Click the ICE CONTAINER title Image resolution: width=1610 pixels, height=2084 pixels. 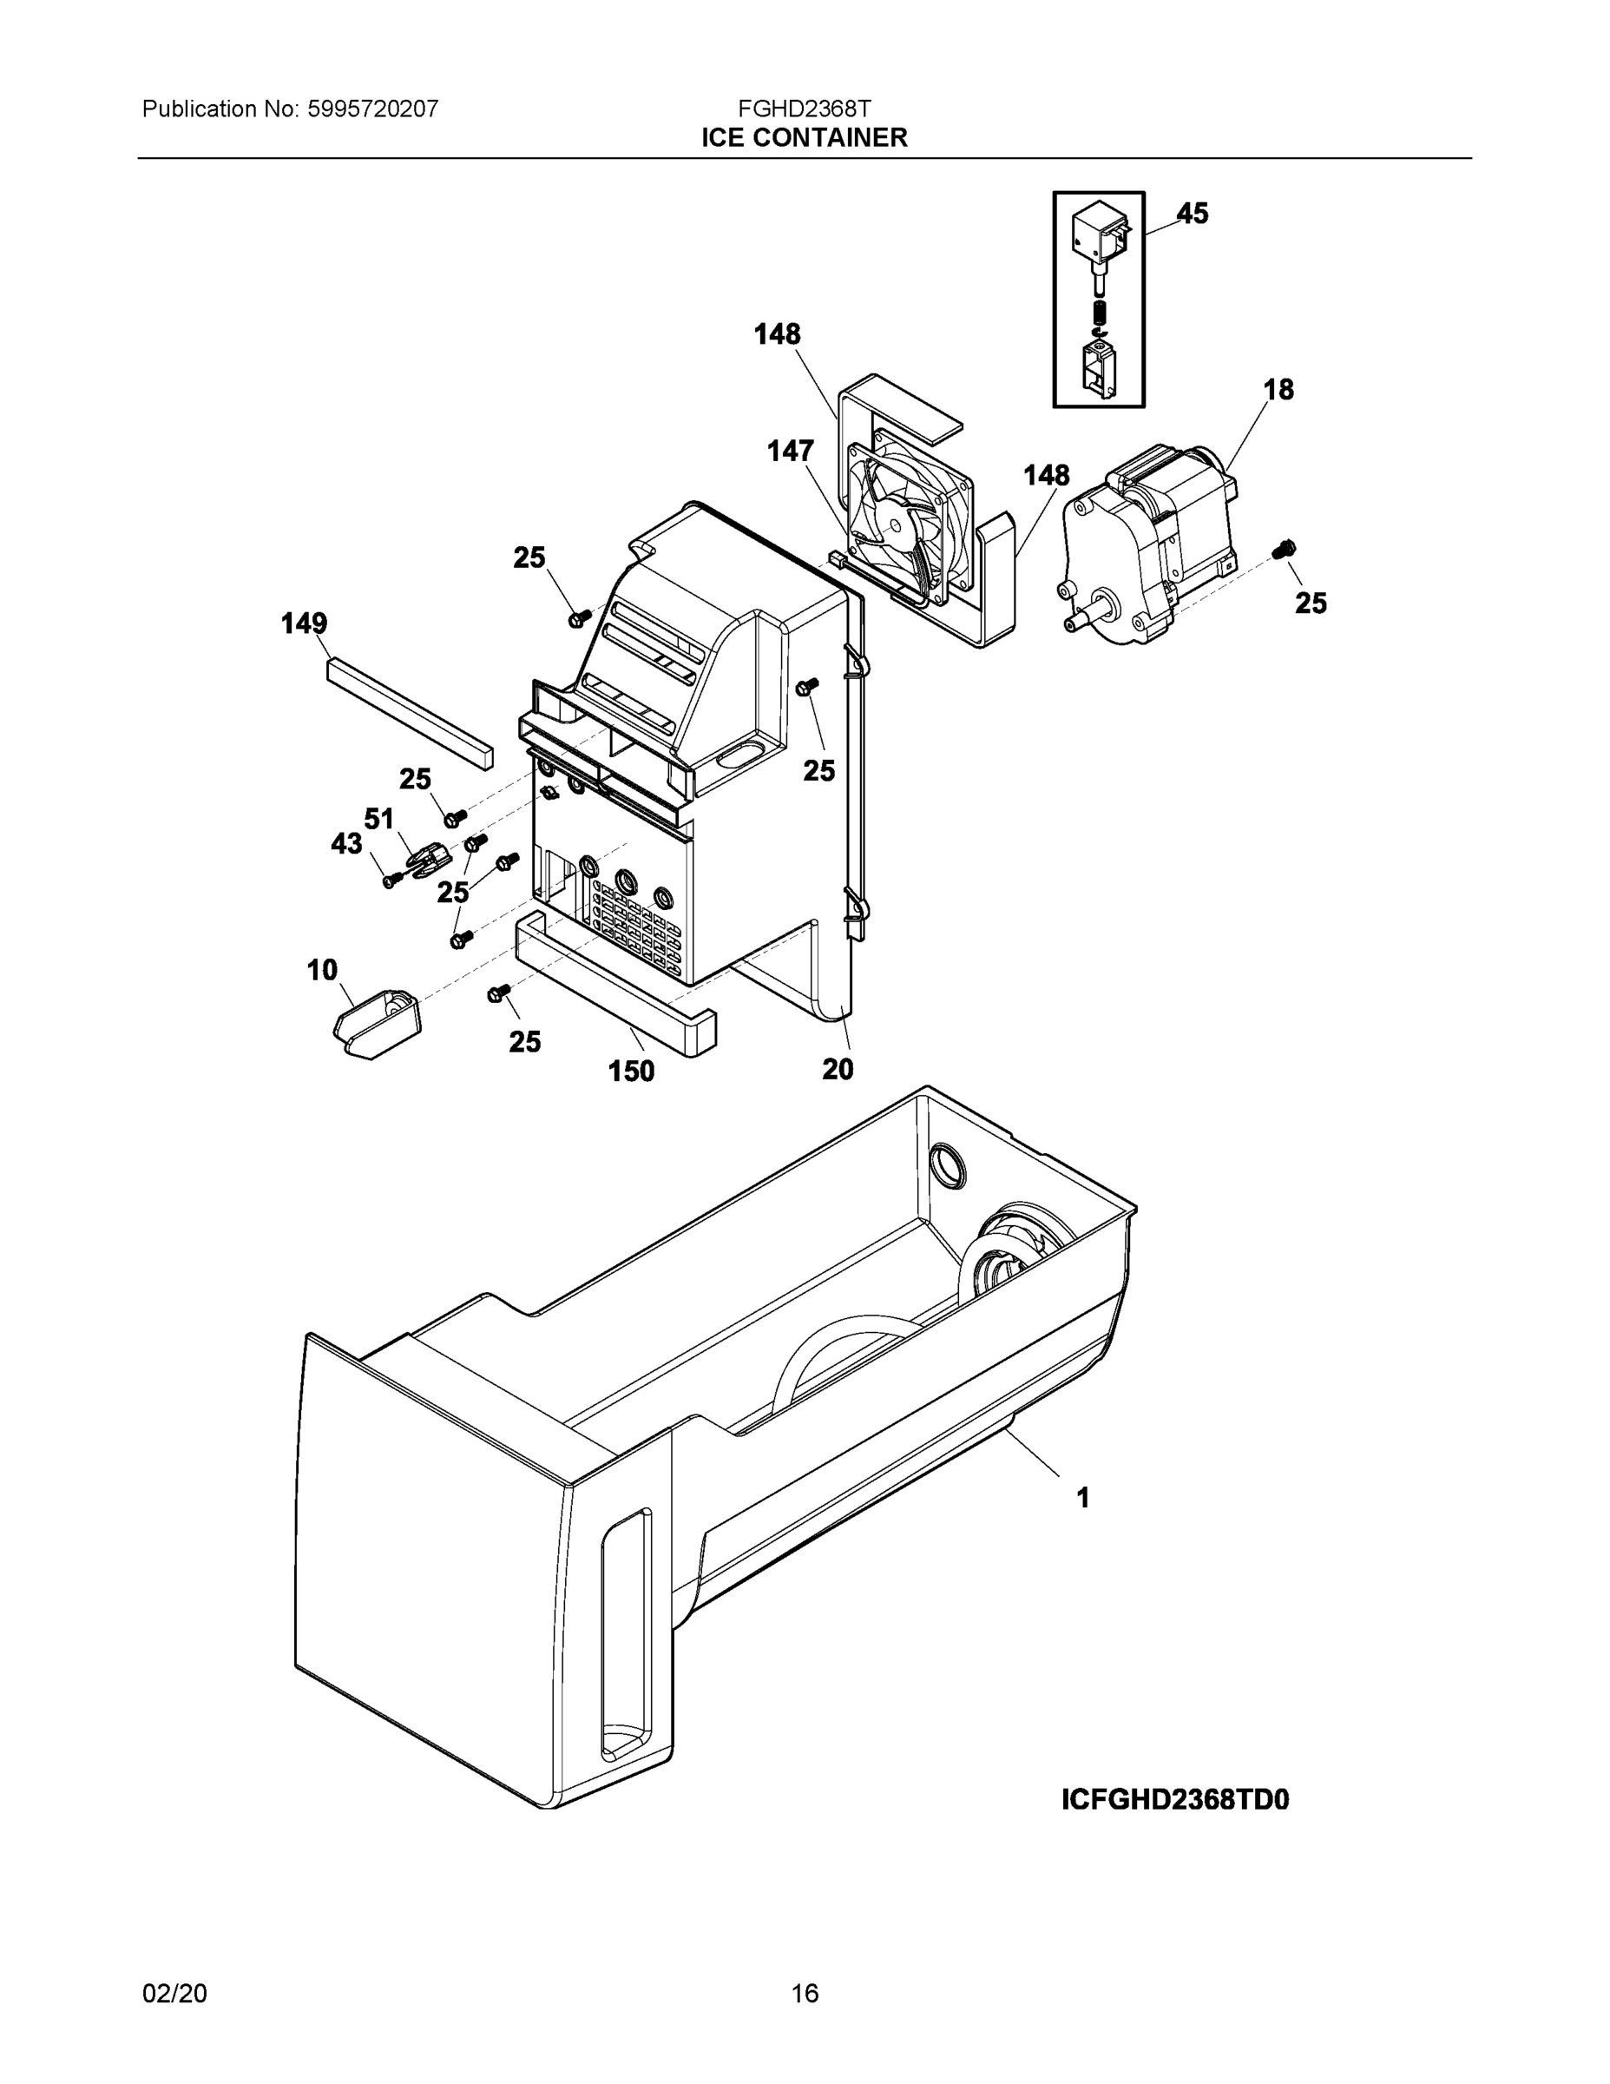click(804, 138)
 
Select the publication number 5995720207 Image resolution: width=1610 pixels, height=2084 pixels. click(372, 109)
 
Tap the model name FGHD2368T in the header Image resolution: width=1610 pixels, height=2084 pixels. click(804, 108)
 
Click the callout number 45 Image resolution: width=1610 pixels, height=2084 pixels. click(1193, 214)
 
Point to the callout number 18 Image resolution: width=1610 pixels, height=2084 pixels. click(1278, 389)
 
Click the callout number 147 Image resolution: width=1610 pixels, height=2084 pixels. click(791, 451)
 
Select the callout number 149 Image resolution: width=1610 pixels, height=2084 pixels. click(305, 624)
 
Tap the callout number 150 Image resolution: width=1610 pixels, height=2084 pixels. click(631, 1072)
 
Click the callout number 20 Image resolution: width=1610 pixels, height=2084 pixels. click(838, 1070)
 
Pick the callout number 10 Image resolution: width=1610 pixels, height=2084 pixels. click(322, 971)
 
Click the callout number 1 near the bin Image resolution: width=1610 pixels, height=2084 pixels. click(1082, 1498)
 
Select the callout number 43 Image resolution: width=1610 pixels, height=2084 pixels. click(346, 843)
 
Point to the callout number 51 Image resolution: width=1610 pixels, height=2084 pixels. click(378, 819)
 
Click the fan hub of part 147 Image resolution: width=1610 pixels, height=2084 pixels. click(897, 524)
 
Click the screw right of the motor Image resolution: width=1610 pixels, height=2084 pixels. click(1285, 549)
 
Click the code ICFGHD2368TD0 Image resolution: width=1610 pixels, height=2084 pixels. click(1175, 1800)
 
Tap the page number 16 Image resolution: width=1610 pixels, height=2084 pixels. click(804, 1994)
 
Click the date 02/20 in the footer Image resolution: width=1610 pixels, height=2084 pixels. click(174, 1994)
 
